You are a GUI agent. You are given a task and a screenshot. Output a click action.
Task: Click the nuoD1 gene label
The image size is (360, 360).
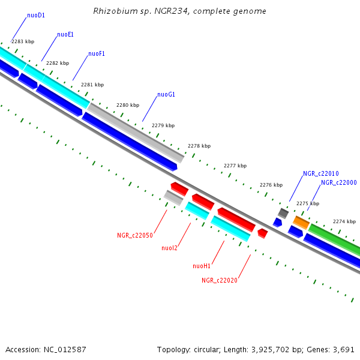pyautogui.click(x=36, y=16)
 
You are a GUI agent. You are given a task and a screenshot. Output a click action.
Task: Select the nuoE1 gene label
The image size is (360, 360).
pyautogui.click(x=65, y=35)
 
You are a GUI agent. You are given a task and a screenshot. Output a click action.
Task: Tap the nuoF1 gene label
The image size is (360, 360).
pyautogui.click(x=97, y=54)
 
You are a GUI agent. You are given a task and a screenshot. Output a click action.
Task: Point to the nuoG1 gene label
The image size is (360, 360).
pyautogui.click(x=166, y=95)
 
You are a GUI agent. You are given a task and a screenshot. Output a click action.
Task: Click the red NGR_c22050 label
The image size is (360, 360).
pyautogui.click(x=135, y=236)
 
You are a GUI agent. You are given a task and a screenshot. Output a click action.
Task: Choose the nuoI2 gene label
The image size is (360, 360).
pyautogui.click(x=170, y=248)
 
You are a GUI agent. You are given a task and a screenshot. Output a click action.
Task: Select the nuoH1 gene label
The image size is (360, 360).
pyautogui.click(x=202, y=266)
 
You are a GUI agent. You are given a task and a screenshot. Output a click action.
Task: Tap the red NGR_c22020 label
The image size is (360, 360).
pyautogui.click(x=220, y=280)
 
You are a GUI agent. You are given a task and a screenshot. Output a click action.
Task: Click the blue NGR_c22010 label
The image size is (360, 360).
pyautogui.click(x=321, y=173)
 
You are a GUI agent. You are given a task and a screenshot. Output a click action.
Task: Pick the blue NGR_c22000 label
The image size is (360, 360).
pyautogui.click(x=339, y=183)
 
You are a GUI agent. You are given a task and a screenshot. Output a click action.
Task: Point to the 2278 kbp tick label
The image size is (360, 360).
pyautogui.click(x=199, y=146)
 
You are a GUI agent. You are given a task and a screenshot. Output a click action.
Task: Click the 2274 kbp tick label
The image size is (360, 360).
pyautogui.click(x=344, y=221)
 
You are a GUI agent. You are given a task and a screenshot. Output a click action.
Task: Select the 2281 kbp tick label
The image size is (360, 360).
pyautogui.click(x=92, y=85)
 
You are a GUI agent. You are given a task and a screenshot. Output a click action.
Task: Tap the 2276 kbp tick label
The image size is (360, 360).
pyautogui.click(x=271, y=185)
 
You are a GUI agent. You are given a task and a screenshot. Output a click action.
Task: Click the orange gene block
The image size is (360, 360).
pyautogui.click(x=301, y=223)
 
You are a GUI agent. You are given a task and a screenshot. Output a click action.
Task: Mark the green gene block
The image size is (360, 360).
pyautogui.click(x=334, y=238)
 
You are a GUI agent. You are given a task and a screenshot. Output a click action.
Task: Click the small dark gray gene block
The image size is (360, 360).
pyautogui.click(x=283, y=213)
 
